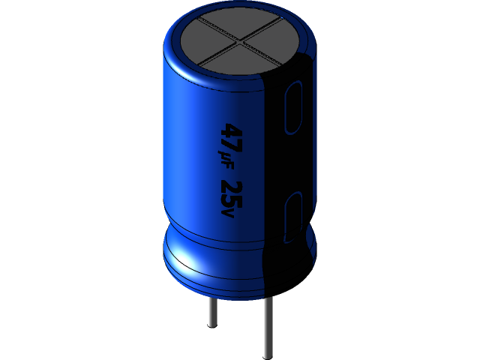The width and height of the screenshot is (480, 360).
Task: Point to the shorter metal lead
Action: click(212, 310)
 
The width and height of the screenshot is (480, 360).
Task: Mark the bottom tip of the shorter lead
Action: click(212, 327)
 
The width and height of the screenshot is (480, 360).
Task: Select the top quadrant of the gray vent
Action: click(238, 24)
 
